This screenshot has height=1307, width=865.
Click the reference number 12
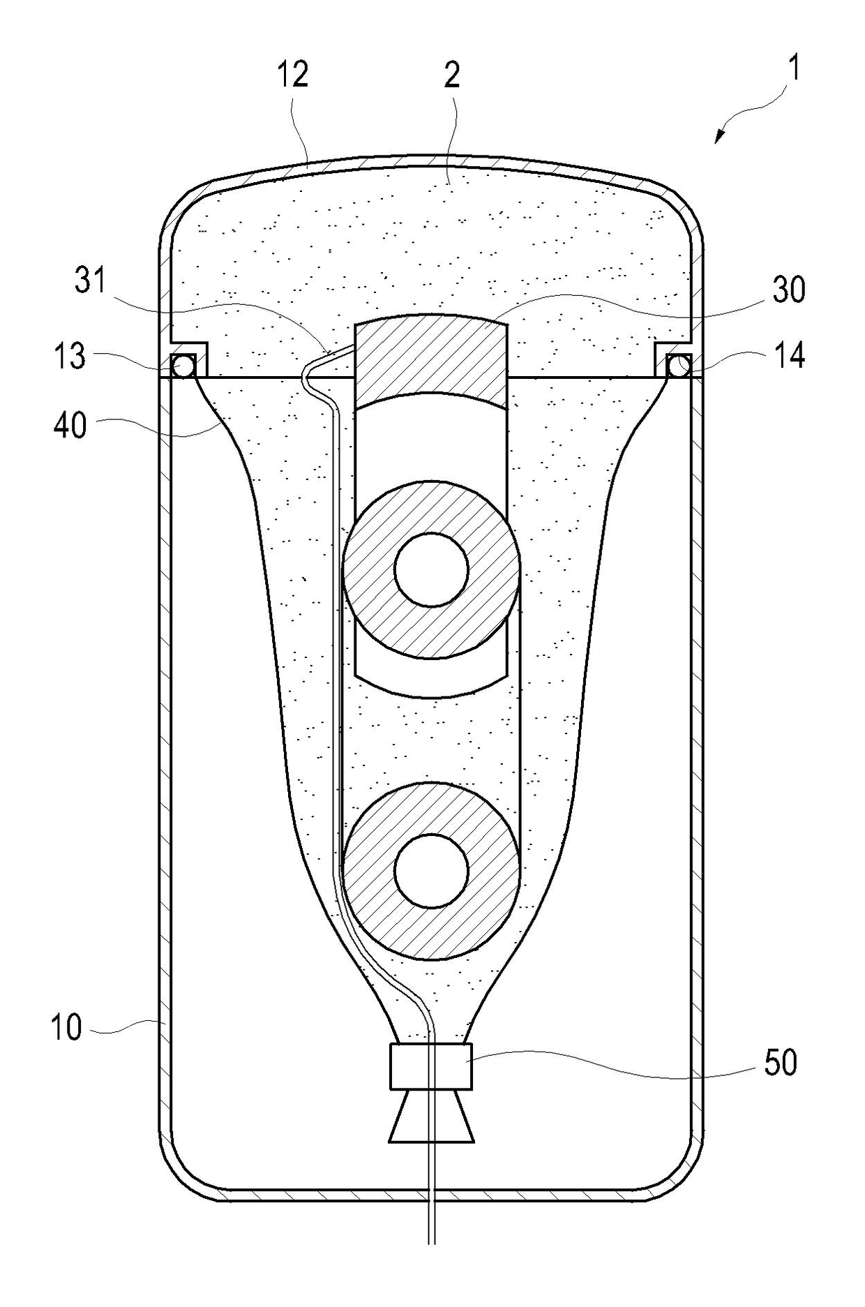(292, 74)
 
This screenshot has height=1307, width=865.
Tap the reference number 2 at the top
(452, 74)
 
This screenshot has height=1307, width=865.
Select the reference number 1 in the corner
(793, 69)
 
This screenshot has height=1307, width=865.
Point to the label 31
(91, 281)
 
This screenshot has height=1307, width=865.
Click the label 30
(789, 289)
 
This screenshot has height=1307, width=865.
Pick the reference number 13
(70, 356)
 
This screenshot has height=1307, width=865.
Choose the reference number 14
(790, 356)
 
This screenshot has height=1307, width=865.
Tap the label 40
(70, 425)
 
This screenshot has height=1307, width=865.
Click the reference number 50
(781, 1063)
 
